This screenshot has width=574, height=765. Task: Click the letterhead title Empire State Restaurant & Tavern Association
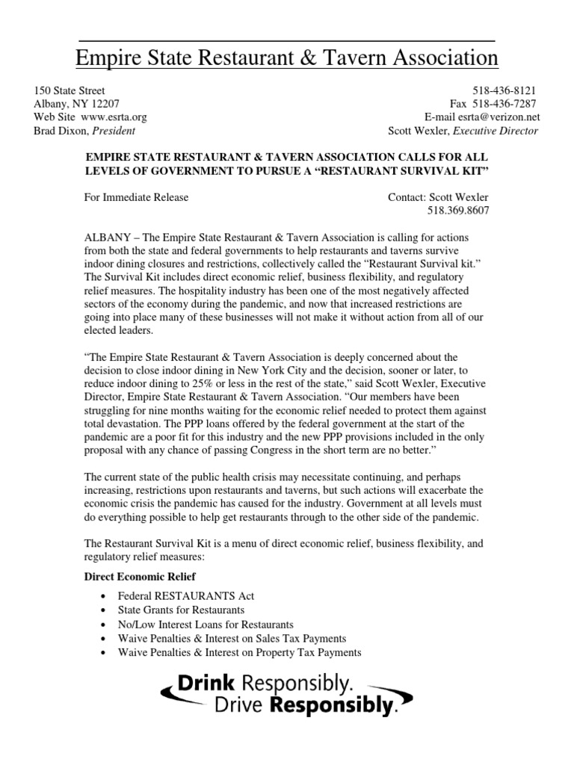287,58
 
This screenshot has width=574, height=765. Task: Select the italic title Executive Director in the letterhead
494,131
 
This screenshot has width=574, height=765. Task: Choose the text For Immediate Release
136,198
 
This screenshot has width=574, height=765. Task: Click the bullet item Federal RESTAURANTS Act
186,596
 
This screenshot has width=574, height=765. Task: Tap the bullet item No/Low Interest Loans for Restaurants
206,625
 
